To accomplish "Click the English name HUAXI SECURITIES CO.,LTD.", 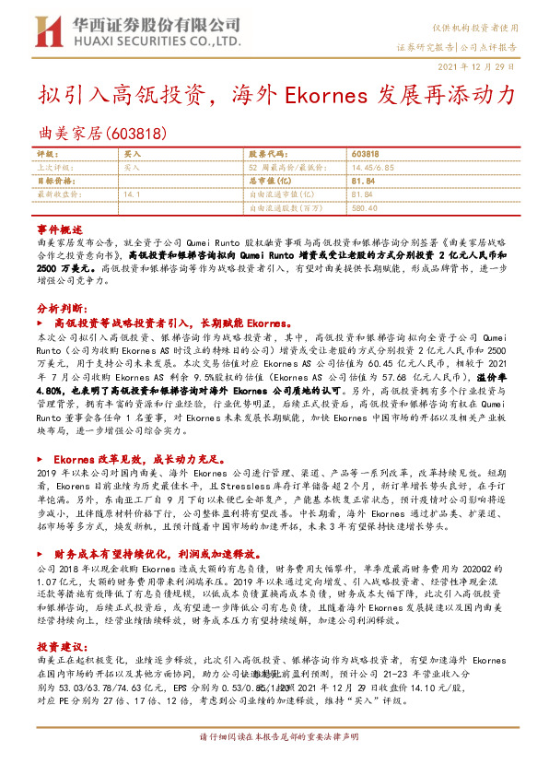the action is click(x=151, y=42).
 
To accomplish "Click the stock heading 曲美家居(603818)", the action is click(x=103, y=134).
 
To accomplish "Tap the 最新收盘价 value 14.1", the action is click(x=132, y=195).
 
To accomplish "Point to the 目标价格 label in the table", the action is click(x=53, y=182).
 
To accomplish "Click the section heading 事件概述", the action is click(x=60, y=228).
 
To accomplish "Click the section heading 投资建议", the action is click(x=60, y=649).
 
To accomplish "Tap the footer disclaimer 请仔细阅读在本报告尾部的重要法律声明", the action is click(x=274, y=738).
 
